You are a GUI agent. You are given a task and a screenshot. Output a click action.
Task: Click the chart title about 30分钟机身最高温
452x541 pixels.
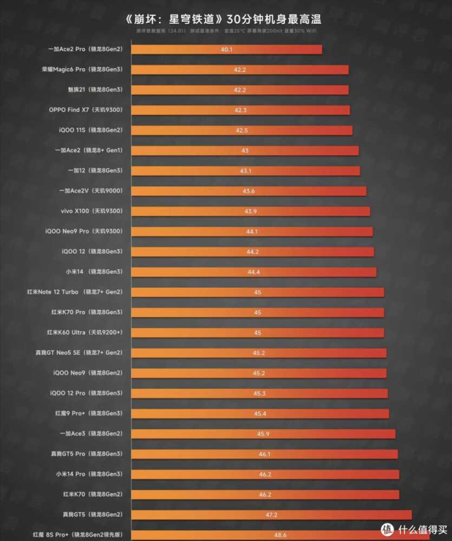pos(226,19)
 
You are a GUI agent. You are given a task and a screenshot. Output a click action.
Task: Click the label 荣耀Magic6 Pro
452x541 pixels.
pos(86,69)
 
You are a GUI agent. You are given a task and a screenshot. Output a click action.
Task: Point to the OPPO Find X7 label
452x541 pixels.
pos(86,110)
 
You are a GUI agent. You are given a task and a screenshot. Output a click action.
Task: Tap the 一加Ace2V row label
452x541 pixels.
pos(90,191)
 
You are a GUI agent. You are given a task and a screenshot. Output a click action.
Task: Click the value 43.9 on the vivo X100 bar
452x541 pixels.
pos(250,211)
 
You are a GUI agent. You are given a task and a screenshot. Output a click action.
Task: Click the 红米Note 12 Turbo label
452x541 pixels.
pos(75,292)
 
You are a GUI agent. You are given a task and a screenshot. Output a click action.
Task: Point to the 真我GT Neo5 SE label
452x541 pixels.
pos(79,353)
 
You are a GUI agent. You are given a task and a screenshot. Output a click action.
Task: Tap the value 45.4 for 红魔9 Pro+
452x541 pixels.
pos(259,413)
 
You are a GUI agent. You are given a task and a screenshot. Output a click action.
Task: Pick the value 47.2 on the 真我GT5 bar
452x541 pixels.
pos(271,514)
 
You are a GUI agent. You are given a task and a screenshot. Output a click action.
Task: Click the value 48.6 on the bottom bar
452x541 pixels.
pos(280,535)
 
